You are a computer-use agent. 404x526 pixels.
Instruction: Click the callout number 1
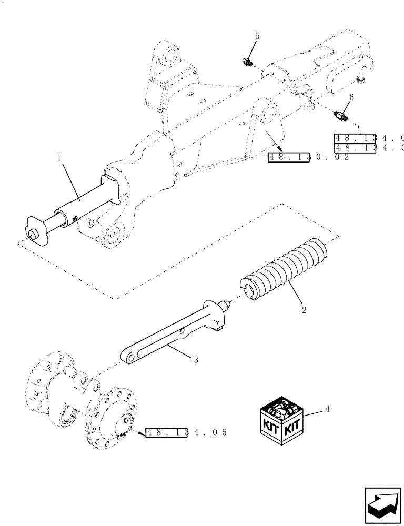[x=59, y=158]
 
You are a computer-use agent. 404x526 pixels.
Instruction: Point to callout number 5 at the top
[x=257, y=36]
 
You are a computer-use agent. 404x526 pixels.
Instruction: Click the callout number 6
[x=352, y=97]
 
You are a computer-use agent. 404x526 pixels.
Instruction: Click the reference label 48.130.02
[x=308, y=157]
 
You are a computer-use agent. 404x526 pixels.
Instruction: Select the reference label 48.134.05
[x=186, y=432]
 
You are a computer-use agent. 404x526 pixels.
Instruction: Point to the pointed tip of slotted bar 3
[x=228, y=305]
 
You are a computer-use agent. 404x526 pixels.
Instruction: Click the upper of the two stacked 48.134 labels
[x=368, y=138]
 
